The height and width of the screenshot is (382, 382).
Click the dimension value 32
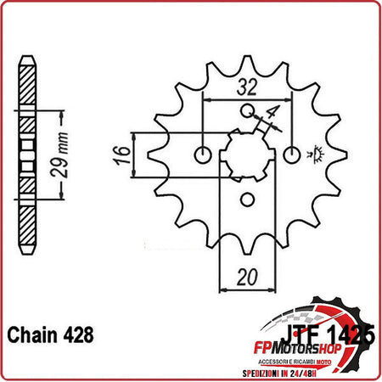point(246,86)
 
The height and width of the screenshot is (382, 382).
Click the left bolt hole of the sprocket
point(202,154)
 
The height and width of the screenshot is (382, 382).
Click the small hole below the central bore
point(248,199)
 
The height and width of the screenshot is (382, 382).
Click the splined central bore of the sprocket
point(248,153)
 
